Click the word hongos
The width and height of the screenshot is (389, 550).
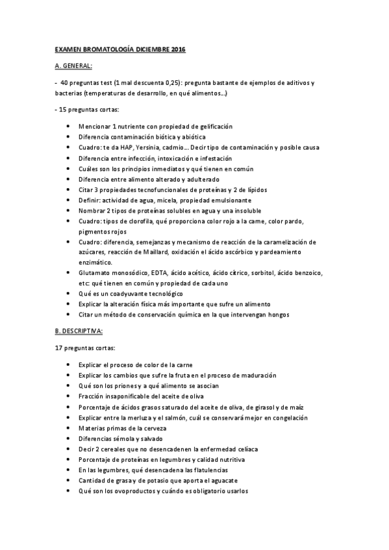coord(276,315)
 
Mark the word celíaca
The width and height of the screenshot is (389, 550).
coord(258,449)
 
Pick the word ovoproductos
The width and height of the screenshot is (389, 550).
coord(130,491)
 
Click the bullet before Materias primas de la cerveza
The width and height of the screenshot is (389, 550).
coord(68,428)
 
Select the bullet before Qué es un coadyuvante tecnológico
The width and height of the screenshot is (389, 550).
coord(68,294)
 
